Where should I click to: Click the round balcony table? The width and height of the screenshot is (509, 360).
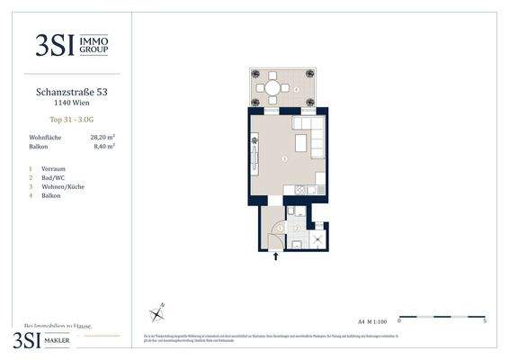click(x=272, y=88)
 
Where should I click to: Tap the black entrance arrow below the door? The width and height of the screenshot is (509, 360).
click(x=275, y=256)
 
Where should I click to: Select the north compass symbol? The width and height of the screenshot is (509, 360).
click(x=158, y=312)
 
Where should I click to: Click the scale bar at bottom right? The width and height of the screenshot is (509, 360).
click(x=442, y=316)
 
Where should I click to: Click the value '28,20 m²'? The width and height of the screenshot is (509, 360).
click(x=103, y=136)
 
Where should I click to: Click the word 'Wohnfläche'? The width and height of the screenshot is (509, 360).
click(x=46, y=136)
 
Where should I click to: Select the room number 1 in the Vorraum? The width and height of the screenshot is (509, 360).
click(x=280, y=229)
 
